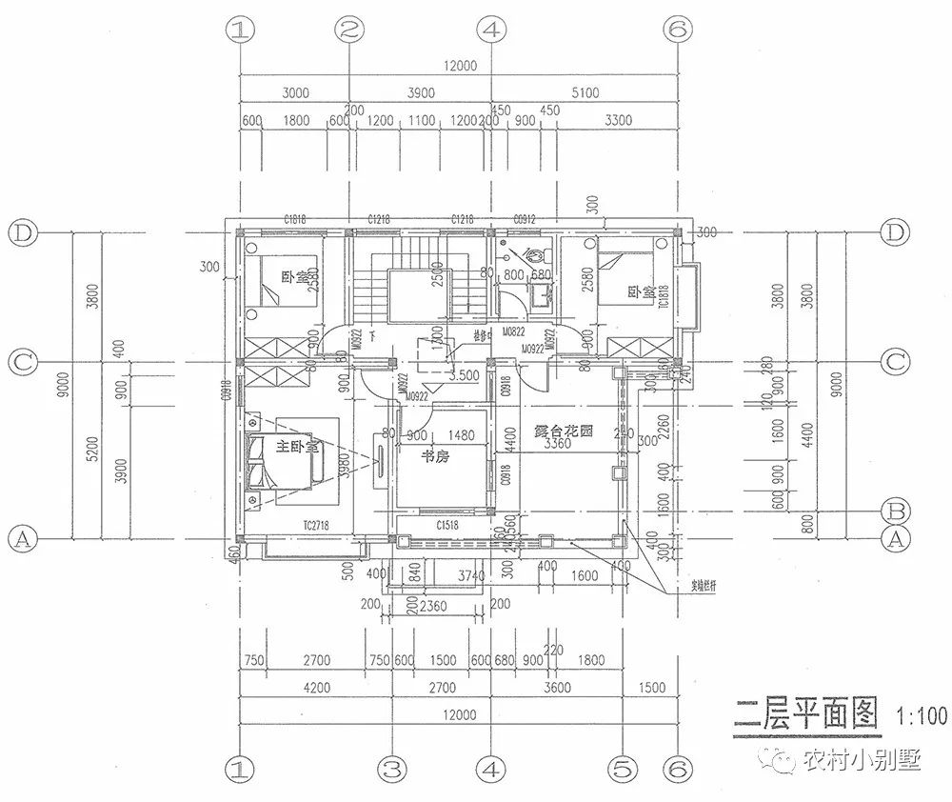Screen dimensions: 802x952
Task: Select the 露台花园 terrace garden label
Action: [564, 431]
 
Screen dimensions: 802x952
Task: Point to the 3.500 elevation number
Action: [464, 375]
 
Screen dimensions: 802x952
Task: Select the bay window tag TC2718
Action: [316, 525]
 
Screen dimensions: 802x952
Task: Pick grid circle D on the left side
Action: [21, 232]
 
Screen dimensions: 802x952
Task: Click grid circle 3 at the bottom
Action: [391, 766]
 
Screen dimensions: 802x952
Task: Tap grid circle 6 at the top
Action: [677, 30]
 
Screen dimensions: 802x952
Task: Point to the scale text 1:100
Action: [921, 714]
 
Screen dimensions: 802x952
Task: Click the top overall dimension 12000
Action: [458, 66]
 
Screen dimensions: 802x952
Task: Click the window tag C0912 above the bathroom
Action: [526, 220]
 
